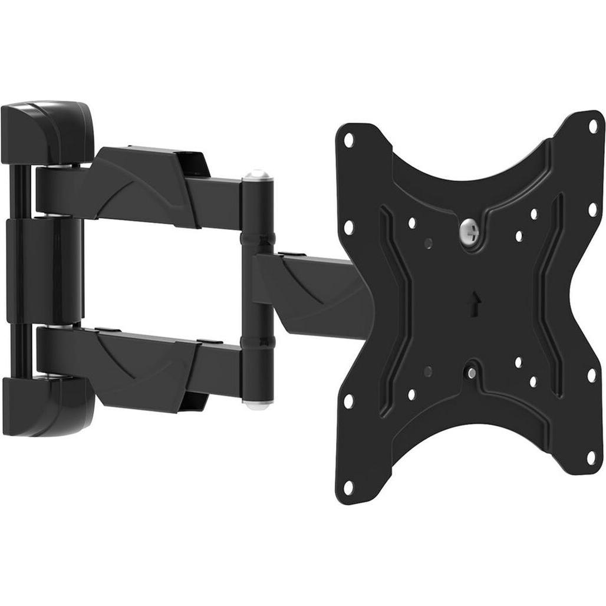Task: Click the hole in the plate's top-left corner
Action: tap(348, 140)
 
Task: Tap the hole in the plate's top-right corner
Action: tap(593, 125)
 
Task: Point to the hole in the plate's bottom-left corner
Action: tap(348, 485)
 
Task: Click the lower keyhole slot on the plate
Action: tap(472, 373)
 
